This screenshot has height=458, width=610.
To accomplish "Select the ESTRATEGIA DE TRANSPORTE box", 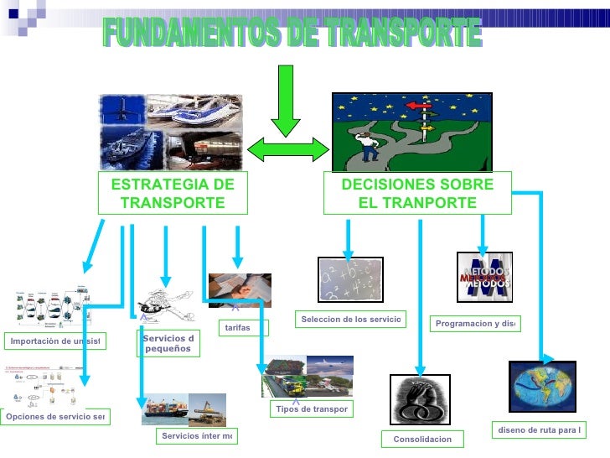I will [173, 195].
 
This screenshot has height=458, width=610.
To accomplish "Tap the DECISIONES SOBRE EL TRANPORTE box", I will [417, 195].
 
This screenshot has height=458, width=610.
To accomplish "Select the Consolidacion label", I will [421, 440].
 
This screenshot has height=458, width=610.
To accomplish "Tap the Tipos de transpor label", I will [312, 409].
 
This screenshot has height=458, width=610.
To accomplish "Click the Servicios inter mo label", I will [197, 436].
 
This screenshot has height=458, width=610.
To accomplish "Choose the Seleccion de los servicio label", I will [350, 320].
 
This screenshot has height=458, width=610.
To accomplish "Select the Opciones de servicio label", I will [55, 417].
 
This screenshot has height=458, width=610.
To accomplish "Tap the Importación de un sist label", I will [55, 341].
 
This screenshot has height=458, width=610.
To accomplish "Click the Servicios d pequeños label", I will [168, 344].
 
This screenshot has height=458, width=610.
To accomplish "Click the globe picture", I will [542, 386].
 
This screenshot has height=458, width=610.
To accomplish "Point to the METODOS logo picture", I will [483, 277].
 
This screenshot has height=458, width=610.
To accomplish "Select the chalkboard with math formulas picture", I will [350, 278].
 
